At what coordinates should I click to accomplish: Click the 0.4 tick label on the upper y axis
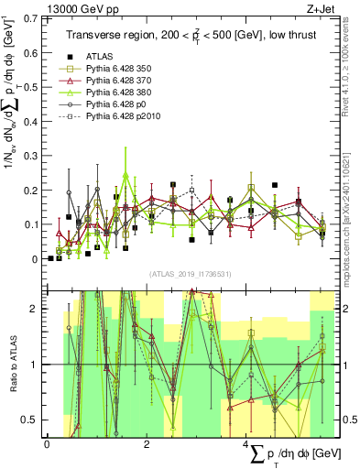coord(33,121)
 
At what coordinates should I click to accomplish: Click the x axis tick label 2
coord(147,444)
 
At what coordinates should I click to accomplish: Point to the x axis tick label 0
coord(47,444)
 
